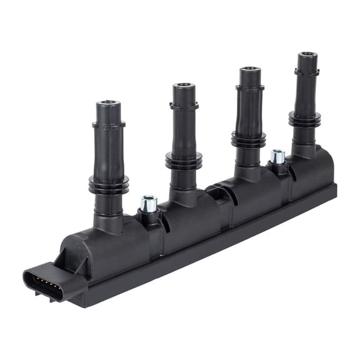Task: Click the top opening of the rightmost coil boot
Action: point(307,56)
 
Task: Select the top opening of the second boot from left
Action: point(184,86)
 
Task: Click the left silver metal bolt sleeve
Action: point(148,203)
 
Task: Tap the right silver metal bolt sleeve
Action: point(277,156)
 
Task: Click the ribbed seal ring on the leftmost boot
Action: point(109,184)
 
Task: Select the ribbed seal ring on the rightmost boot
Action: point(305,118)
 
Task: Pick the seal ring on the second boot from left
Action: point(184,160)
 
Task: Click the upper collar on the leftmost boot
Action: point(109,125)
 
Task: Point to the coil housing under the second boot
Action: point(187,219)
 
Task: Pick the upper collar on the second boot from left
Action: point(184,106)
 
